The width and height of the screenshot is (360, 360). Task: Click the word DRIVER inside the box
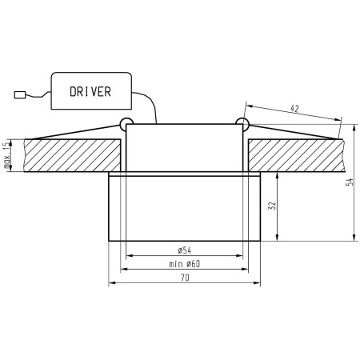[x=90, y=91]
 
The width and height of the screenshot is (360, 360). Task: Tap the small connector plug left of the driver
[x=22, y=95]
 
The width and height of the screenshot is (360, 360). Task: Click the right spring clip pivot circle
[x=241, y=122]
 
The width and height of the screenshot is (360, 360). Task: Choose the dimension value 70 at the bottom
[x=185, y=278]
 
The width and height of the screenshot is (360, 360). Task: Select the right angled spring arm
[x=292, y=130]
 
